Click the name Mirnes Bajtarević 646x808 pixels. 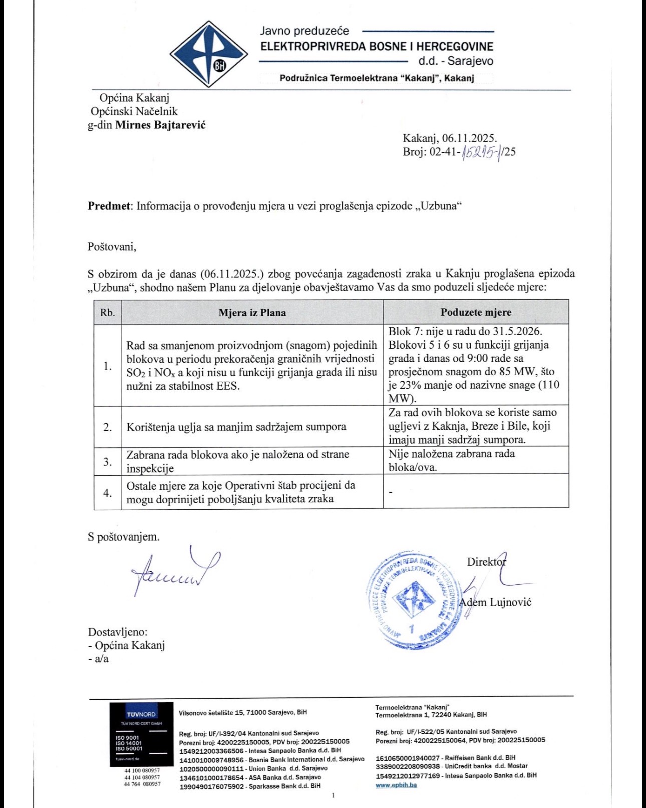coord(160,125)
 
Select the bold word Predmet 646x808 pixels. coord(109,206)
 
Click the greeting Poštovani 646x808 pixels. coord(112,246)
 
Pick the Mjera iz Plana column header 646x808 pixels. coord(252,313)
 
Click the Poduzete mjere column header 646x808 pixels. coord(476,312)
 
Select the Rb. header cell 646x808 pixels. coord(107,313)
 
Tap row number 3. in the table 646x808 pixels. coord(107,461)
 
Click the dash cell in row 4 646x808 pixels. coord(391,492)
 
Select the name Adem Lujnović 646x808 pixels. coord(496,602)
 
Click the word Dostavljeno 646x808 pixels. coord(118,632)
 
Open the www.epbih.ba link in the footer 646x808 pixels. coord(396,785)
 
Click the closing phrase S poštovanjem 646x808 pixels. coord(124,536)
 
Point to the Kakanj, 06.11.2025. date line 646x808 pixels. coord(450,138)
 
